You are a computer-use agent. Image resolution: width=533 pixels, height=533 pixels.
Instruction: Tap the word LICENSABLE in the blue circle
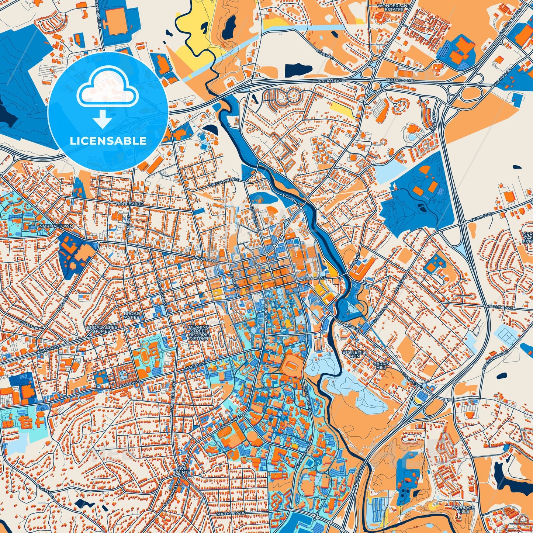click(108, 141)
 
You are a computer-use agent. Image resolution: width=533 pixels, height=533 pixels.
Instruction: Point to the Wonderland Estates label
click(391, 8)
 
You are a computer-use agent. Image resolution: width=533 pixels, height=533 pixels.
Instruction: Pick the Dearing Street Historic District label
click(199, 333)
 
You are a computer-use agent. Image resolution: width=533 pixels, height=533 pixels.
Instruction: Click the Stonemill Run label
click(355, 354)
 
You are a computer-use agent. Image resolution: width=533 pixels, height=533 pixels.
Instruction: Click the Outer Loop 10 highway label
click(402, 80)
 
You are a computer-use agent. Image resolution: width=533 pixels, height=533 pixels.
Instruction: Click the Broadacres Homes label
click(102, 329)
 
